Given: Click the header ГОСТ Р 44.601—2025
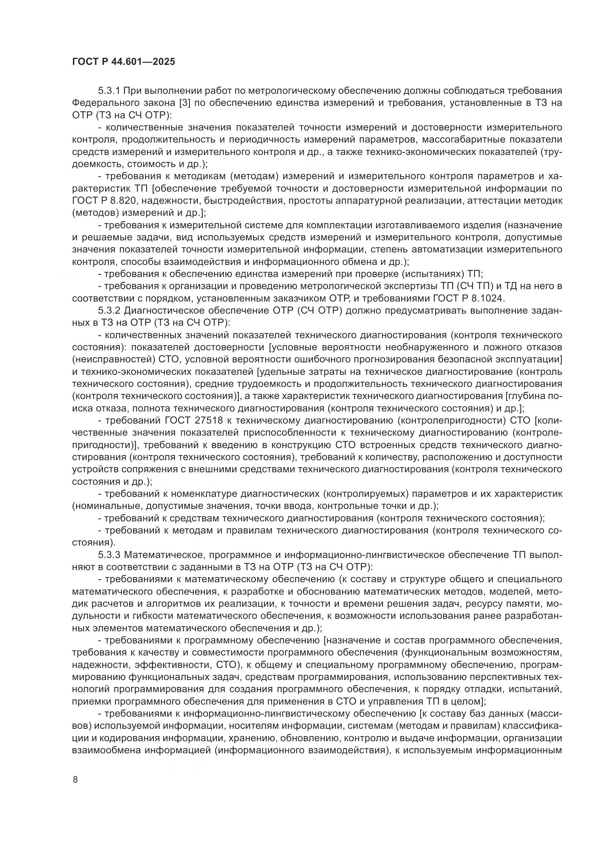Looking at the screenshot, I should pyautogui.click(x=123, y=62).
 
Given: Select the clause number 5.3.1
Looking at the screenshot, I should pyautogui.click(x=109, y=91).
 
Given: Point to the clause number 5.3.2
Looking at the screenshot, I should pyautogui.click(x=109, y=311).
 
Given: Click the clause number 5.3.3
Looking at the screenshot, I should pyautogui.click(x=109, y=555).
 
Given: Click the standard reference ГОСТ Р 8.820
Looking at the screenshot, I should pyautogui.click(x=105, y=201).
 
